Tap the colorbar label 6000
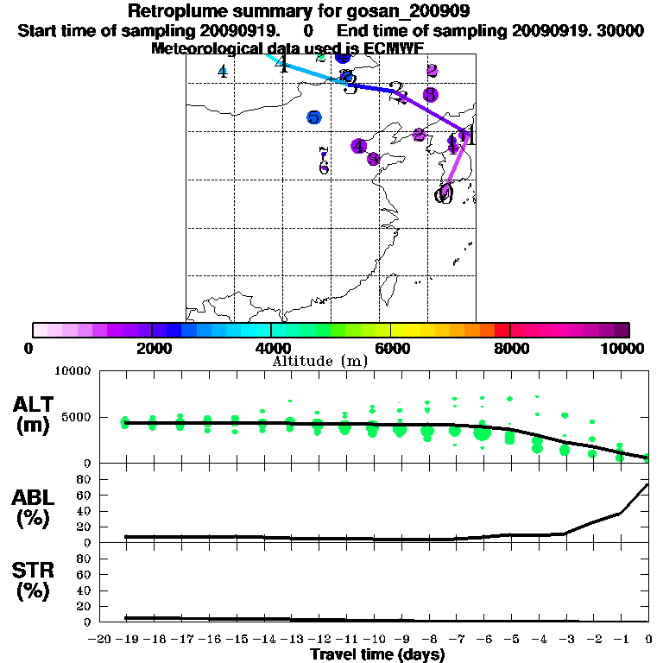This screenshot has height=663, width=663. tap(391, 348)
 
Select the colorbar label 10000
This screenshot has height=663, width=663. tap(622, 348)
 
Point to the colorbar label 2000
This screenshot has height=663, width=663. tap(152, 348)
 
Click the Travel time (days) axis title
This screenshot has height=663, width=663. tap(377, 654)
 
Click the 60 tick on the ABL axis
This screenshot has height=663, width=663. tap(85, 495)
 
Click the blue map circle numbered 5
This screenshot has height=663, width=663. tap(314, 117)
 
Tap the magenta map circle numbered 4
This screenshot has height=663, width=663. tap(358, 146)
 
